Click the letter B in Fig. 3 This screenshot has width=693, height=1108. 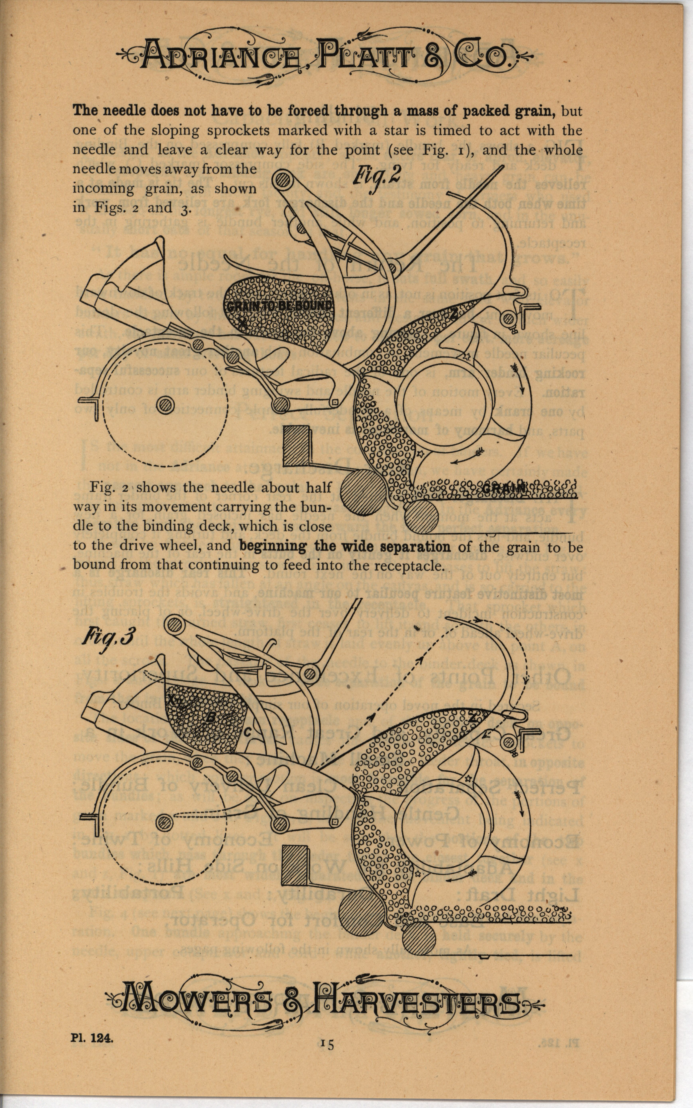click(x=210, y=718)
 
